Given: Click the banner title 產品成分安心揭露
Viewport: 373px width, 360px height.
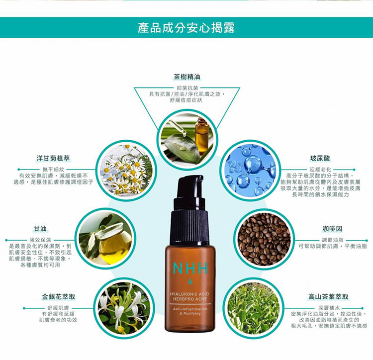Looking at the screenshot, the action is (x=186, y=27).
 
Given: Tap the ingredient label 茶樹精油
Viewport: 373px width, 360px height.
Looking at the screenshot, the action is (x=187, y=77).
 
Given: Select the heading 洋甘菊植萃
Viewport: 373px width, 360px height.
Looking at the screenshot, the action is (x=53, y=158).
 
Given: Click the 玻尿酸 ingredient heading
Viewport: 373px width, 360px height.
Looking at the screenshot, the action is (x=320, y=158).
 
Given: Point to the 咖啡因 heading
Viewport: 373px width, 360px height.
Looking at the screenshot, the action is (x=332, y=229).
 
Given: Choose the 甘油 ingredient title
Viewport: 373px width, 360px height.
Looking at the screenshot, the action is (x=40, y=229).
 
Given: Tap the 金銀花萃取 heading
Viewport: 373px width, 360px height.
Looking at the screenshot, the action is (x=59, y=296).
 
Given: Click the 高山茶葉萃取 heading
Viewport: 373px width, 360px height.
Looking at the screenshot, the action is (x=328, y=296).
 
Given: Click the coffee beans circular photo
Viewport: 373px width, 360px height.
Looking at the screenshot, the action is (x=264, y=239).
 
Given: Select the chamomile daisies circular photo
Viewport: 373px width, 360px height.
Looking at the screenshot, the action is (x=126, y=170).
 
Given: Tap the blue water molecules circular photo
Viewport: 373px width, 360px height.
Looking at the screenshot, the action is (x=250, y=170).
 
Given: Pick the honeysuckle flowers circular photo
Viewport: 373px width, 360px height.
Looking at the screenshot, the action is (x=124, y=308).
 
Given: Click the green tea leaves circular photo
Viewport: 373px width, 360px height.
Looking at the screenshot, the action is (x=254, y=308).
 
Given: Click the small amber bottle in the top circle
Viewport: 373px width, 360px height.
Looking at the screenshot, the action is (x=201, y=134).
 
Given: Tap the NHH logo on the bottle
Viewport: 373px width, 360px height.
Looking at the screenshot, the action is (x=190, y=268).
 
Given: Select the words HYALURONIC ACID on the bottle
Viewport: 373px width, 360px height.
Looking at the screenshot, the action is (x=189, y=294).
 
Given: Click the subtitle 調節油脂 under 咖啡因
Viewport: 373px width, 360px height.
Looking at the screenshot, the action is (x=333, y=240).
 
